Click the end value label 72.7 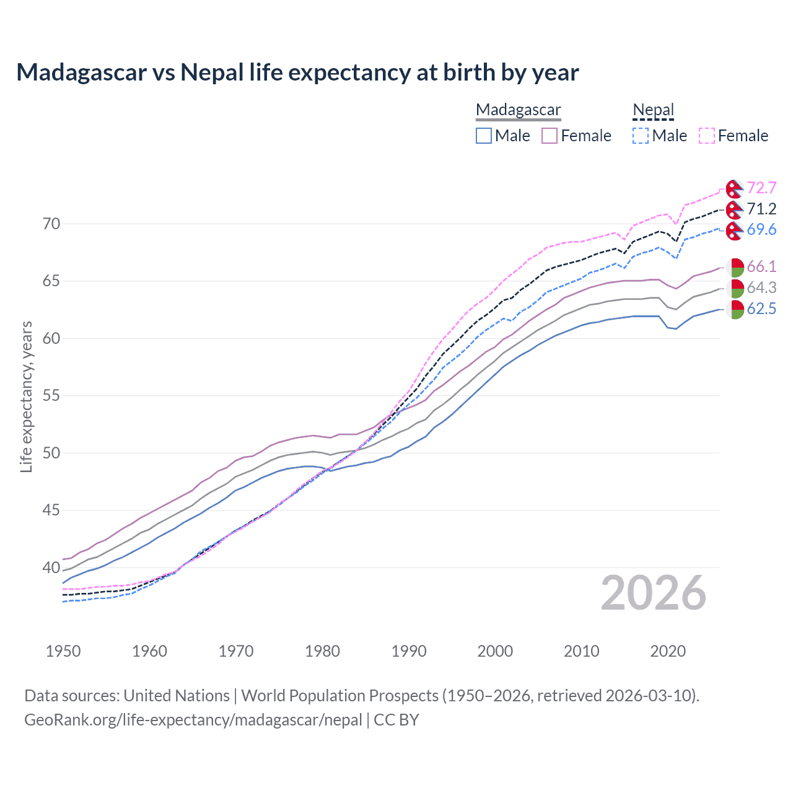pyautogui.click(x=761, y=188)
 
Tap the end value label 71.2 pyautogui.click(x=761, y=209)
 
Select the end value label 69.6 pyautogui.click(x=761, y=229)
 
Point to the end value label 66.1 pyautogui.click(x=761, y=266)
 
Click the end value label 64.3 pyautogui.click(x=761, y=287)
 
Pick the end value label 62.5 pyautogui.click(x=761, y=309)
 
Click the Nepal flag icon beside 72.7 pyautogui.click(x=735, y=188)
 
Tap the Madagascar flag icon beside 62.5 pyautogui.click(x=735, y=309)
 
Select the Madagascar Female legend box pyautogui.click(x=550, y=136)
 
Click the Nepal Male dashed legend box pyautogui.click(x=641, y=136)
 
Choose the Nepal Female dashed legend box pyautogui.click(x=706, y=136)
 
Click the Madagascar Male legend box pyautogui.click(x=484, y=136)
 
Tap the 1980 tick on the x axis pyautogui.click(x=323, y=651)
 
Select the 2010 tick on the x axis pyautogui.click(x=581, y=651)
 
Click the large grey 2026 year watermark pyautogui.click(x=654, y=594)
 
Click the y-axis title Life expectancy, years pyautogui.click(x=26, y=396)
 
